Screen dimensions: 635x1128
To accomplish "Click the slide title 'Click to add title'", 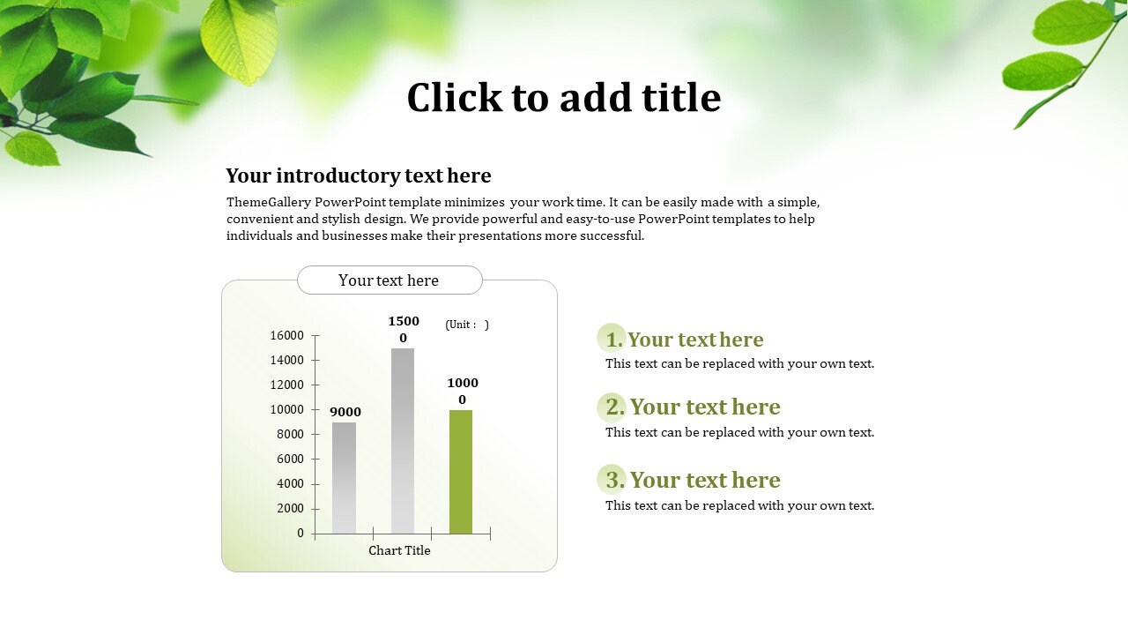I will pyautogui.click(x=563, y=97).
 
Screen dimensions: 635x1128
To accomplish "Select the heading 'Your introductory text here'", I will pyautogui.click(x=358, y=175).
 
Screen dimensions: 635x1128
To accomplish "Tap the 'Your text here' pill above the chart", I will pyautogui.click(x=389, y=280).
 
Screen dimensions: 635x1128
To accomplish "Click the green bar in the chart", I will pyautogui.click(x=461, y=472).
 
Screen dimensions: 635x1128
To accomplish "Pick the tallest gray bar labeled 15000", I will pyautogui.click(x=403, y=441).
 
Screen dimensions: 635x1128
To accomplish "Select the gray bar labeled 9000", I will pyautogui.click(x=345, y=478).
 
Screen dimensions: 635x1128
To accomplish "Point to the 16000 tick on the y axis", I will pyautogui.click(x=288, y=335).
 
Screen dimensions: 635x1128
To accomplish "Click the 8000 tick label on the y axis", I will pyautogui.click(x=288, y=434).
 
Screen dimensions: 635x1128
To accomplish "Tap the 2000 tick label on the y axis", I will pyautogui.click(x=288, y=508).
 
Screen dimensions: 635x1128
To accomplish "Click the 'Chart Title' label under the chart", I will pyautogui.click(x=399, y=550).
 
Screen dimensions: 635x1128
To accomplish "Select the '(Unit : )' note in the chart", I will pyautogui.click(x=467, y=325).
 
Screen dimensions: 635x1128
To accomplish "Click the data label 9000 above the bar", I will pyautogui.click(x=345, y=412).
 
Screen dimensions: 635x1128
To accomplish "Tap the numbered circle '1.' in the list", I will pyautogui.click(x=612, y=339).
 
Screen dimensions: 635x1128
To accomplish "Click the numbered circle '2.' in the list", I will pyautogui.click(x=612, y=407).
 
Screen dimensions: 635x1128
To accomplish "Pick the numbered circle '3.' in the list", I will pyautogui.click(x=612, y=479).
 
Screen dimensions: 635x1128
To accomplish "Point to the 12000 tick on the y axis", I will pyautogui.click(x=288, y=385).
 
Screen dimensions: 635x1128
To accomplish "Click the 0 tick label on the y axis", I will pyautogui.click(x=301, y=533).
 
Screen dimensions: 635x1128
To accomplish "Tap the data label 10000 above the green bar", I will pyautogui.click(x=462, y=391).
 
